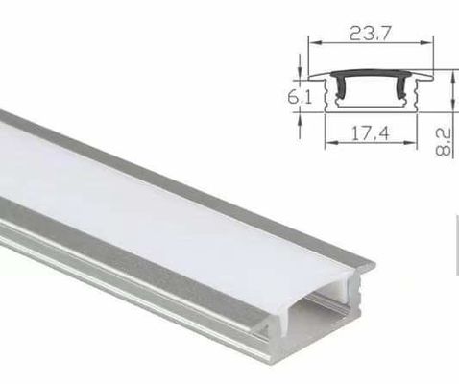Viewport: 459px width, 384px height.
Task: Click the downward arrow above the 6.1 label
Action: click(x=301, y=74)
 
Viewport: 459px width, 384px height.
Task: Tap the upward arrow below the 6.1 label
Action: click(x=301, y=118)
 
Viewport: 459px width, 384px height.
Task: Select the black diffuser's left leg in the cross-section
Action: click(x=337, y=92)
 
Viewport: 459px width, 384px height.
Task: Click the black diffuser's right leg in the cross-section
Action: click(x=404, y=92)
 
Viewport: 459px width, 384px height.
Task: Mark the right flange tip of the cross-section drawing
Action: click(x=430, y=75)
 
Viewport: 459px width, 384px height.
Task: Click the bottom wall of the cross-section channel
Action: click(x=372, y=114)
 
